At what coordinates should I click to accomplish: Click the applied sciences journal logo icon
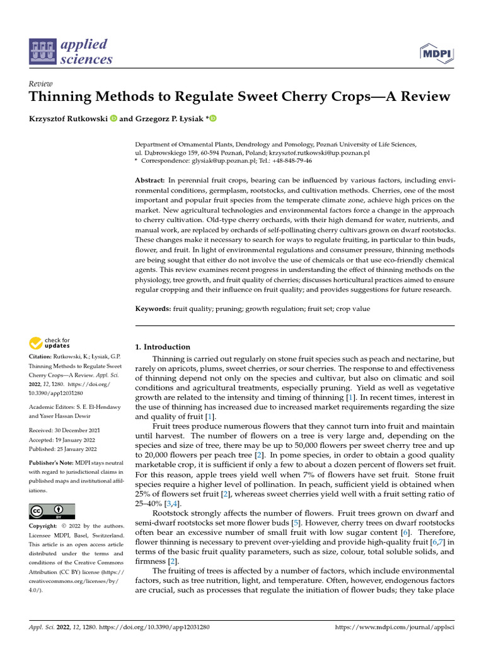click(x=45, y=52)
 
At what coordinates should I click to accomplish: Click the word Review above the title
click(x=41, y=83)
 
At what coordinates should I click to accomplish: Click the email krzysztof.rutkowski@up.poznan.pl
click(x=320, y=153)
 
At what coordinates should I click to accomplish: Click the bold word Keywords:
click(x=153, y=308)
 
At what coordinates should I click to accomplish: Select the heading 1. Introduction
click(x=163, y=347)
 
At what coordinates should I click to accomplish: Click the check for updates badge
click(x=50, y=343)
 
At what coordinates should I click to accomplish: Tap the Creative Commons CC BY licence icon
click(x=52, y=511)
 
